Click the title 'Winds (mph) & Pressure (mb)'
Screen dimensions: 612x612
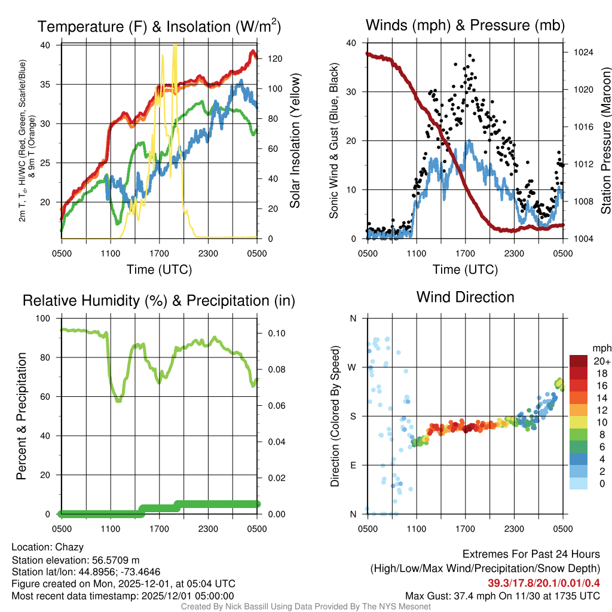coord(465,26)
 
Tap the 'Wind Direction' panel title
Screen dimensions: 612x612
coord(465,297)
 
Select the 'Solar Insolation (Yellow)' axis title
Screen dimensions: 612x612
coord(295,140)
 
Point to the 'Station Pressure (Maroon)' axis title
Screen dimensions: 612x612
coord(605,140)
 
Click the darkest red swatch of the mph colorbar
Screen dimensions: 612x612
coord(579,361)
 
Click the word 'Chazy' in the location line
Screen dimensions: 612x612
coord(69,547)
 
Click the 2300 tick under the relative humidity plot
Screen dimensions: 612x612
coord(208,528)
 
